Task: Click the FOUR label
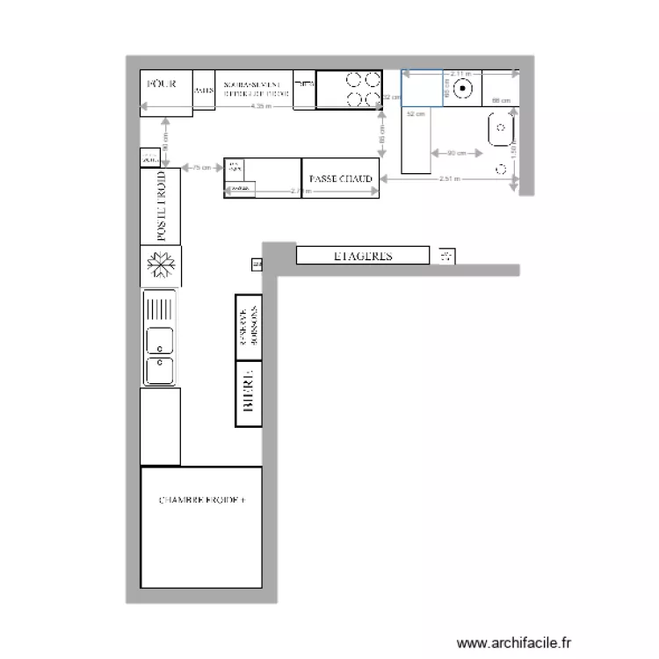click(x=161, y=83)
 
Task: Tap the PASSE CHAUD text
click(x=342, y=178)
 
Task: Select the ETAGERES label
click(x=363, y=257)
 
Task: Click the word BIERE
click(x=249, y=391)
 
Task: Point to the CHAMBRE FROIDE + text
click(x=202, y=500)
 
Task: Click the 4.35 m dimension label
click(x=260, y=106)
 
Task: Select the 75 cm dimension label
click(x=201, y=167)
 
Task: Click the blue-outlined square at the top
click(x=423, y=88)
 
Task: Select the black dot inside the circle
click(x=466, y=88)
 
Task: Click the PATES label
click(x=203, y=90)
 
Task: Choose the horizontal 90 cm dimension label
click(x=456, y=154)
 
